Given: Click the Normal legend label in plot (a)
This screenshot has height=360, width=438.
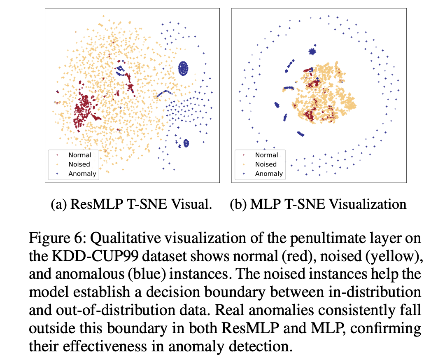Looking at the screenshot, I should (80, 155).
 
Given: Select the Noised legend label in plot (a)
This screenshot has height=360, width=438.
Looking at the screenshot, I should (80, 164).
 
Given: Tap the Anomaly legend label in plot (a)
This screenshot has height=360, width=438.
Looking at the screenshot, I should (82, 173).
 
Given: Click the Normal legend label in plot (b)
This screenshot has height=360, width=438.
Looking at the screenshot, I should (266, 155).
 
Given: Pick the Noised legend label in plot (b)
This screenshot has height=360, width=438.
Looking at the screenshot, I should (266, 164).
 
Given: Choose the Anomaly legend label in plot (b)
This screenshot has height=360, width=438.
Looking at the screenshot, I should (269, 173).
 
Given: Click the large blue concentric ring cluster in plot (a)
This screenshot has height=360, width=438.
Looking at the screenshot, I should (183, 68).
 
